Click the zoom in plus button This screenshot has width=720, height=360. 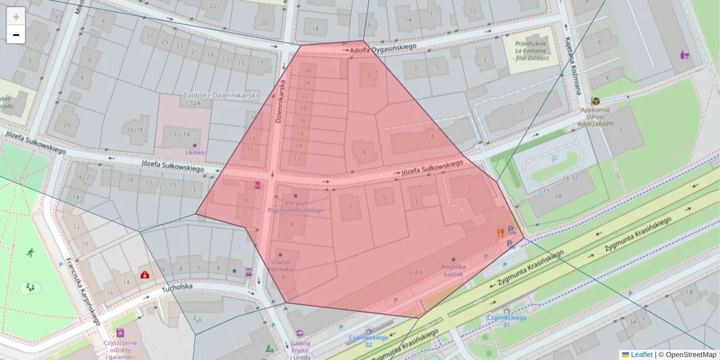pyautogui.click(x=16, y=16)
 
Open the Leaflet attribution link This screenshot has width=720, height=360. pyautogui.click(x=641, y=355)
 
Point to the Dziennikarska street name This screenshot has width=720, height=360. pyautogui.click(x=280, y=101)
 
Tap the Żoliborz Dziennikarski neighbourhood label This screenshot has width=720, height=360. pyautogui.click(x=220, y=95)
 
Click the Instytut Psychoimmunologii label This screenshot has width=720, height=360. pyautogui.click(x=295, y=207)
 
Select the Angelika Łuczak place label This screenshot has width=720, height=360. pyautogui.click(x=454, y=270)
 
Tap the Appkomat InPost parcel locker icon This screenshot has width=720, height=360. pyautogui.click(x=595, y=101)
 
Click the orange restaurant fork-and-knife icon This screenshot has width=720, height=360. pyautogui.click(x=500, y=233)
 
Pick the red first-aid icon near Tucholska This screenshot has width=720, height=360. pyautogui.click(x=145, y=275)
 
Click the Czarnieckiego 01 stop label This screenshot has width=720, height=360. pyautogui.click(x=506, y=320)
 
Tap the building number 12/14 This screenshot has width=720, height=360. pyautogui.click(x=181, y=134)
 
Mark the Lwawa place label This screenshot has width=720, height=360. pyautogui.click(x=195, y=152)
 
